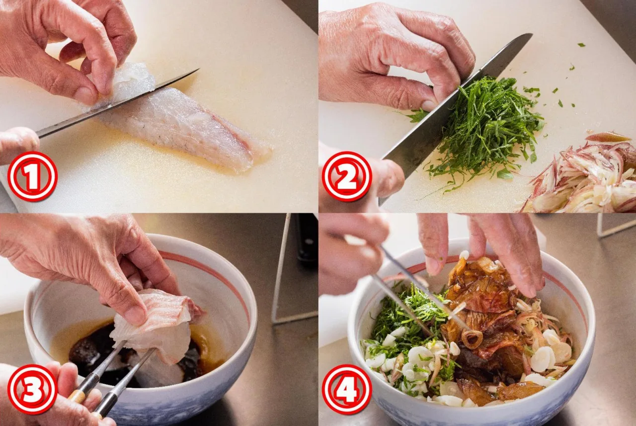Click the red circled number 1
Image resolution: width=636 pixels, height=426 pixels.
click(x=32, y=176)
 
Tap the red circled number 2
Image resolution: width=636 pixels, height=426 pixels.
click(x=347, y=176)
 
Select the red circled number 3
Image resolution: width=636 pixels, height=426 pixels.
click(x=32, y=390)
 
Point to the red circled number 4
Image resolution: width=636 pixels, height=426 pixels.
click(x=347, y=390)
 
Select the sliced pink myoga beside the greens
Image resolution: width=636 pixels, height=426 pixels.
click(x=582, y=176)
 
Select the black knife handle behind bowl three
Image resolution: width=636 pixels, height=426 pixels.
click(x=307, y=242)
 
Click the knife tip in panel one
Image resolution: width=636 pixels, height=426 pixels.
click(x=198, y=69)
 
